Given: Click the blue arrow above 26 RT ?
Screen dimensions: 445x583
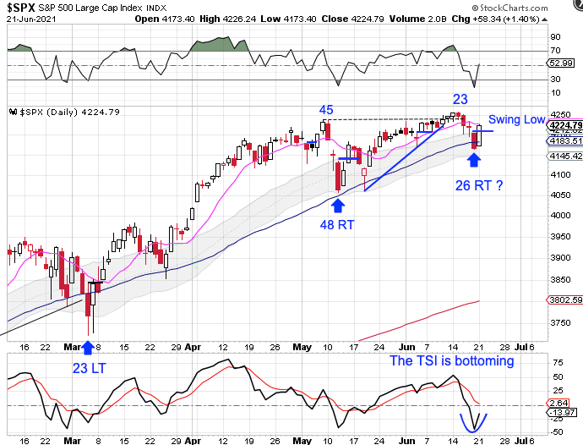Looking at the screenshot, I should click(x=476, y=158).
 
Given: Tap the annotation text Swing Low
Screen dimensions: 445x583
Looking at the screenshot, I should click(x=517, y=120).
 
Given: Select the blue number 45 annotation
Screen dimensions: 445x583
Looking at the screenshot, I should click(x=325, y=110).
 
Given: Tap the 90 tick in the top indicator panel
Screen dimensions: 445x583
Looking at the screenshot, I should click(x=556, y=37).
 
